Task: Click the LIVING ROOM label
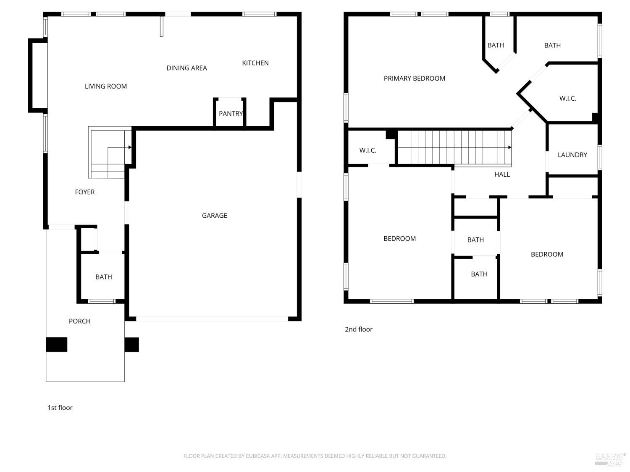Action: tap(106, 86)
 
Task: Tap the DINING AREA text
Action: tap(186, 68)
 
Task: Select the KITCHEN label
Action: tap(255, 63)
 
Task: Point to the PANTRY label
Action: tap(231, 114)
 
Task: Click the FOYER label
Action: tap(85, 192)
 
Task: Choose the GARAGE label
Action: tap(215, 216)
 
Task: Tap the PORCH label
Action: tap(80, 321)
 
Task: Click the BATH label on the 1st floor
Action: tap(104, 277)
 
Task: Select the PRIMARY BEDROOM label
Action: tap(414, 78)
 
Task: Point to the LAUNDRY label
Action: tap(572, 155)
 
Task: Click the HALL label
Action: tap(502, 175)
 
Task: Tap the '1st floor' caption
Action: tap(60, 408)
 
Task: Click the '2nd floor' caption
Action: tap(359, 329)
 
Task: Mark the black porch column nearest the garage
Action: tap(131, 344)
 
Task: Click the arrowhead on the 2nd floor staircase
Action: tap(509, 147)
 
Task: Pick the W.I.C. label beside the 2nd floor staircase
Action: tap(368, 151)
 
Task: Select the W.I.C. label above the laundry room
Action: tap(568, 99)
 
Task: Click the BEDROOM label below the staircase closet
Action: tap(399, 239)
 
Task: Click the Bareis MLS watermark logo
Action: tap(610, 459)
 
